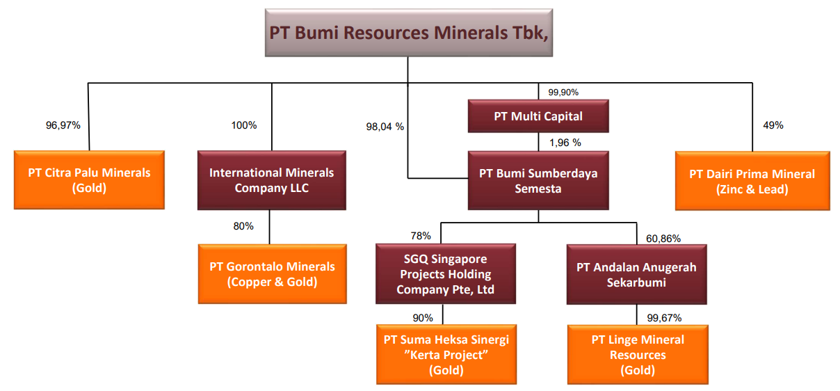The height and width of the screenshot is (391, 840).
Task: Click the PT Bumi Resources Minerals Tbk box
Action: (409, 33)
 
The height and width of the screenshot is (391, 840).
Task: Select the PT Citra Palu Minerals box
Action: (89, 180)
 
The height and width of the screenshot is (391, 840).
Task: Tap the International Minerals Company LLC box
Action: (272, 180)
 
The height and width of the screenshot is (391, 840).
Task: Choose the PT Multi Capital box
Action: (538, 116)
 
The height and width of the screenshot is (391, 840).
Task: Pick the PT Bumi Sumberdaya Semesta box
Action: (538, 180)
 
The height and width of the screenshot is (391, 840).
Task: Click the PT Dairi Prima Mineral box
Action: (752, 181)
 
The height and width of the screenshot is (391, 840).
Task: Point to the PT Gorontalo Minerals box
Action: (273, 274)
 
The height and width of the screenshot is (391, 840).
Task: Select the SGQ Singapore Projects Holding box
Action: (446, 274)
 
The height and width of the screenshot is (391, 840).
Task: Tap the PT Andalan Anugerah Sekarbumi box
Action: (636, 274)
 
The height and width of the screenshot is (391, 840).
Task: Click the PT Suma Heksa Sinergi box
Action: (446, 355)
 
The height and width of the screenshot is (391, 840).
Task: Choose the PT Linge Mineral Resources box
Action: (638, 355)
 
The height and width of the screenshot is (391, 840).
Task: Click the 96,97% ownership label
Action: (63, 125)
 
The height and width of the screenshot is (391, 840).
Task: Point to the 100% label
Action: (244, 125)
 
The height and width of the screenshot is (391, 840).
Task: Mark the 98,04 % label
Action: (385, 127)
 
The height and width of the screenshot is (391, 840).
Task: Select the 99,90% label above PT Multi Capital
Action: (563, 93)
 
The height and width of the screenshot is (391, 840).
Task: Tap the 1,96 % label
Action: (565, 143)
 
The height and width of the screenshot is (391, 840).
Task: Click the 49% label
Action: (773, 125)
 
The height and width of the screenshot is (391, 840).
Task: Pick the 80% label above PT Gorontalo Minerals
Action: (243, 226)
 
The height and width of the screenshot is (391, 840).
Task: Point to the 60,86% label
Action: (663, 239)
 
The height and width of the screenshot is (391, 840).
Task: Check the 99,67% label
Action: (664, 318)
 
